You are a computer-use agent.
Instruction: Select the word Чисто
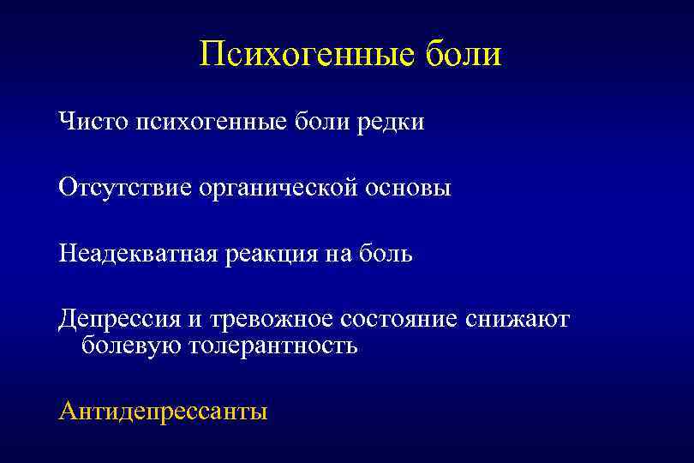[x=92, y=122]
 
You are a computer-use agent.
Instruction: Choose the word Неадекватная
[x=140, y=254]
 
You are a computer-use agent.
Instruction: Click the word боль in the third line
[x=386, y=254]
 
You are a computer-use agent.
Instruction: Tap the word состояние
[x=399, y=320]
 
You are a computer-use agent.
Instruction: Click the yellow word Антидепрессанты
[x=163, y=412]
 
